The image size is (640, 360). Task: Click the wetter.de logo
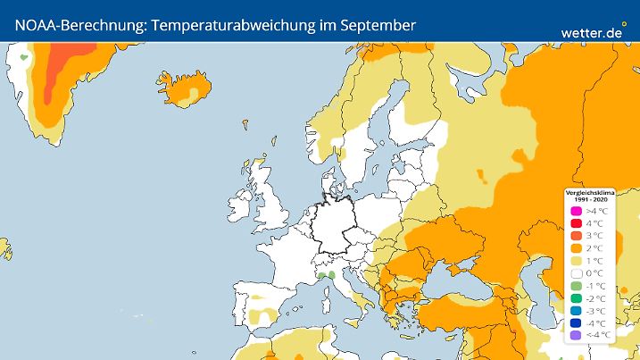click(x=592, y=32)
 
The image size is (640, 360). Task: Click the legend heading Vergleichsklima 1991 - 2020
click(x=588, y=195)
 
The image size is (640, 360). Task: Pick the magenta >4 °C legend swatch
click(x=576, y=211)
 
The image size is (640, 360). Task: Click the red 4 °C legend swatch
click(x=576, y=223)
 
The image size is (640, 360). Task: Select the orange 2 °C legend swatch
click(x=576, y=248)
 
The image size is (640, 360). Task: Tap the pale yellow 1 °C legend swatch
click(x=576, y=261)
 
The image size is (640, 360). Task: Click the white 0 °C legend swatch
click(x=576, y=273)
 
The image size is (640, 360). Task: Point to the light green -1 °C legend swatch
click(x=576, y=286)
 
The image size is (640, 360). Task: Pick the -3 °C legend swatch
click(x=576, y=311)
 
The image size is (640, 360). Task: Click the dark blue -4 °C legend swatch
click(x=576, y=323)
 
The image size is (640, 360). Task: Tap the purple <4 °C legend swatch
click(x=576, y=335)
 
